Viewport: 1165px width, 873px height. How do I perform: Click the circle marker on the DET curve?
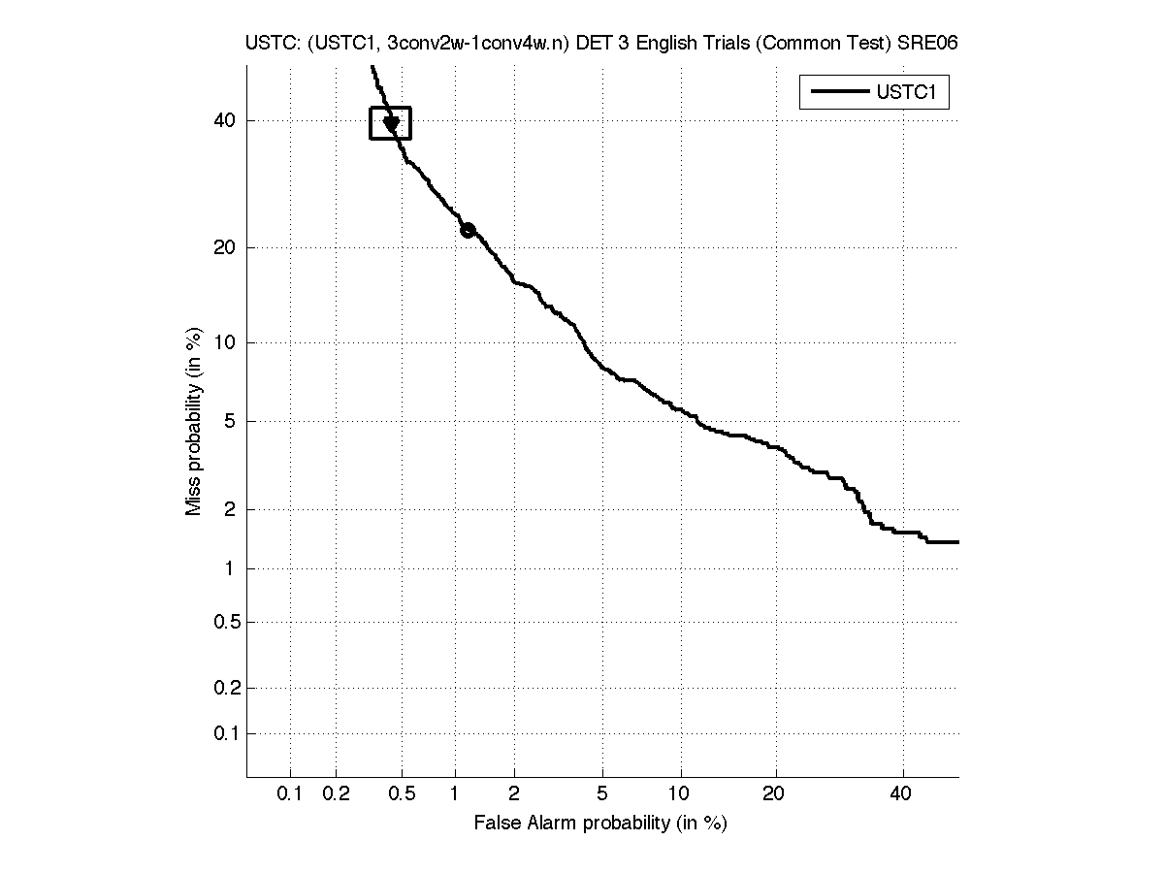468,230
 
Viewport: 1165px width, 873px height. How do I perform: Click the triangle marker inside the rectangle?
392,124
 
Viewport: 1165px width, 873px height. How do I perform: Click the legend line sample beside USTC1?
839,92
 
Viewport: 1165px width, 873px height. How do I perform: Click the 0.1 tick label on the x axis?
290,794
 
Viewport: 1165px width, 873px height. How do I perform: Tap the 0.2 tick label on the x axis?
336,794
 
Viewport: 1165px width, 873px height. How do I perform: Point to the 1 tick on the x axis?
455,794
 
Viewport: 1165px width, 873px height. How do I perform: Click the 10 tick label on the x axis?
681,794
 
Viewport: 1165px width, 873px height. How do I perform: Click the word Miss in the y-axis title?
194,496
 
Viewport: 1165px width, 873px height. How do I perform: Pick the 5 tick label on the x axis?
602,794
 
